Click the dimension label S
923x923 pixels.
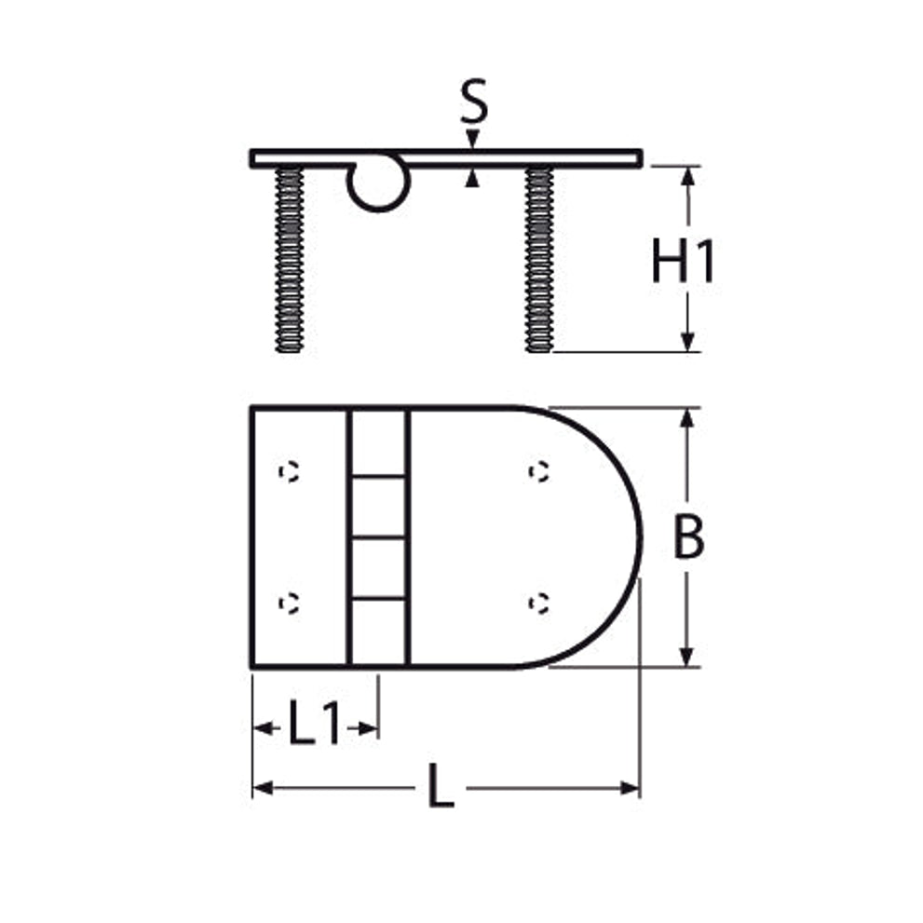tap(474, 101)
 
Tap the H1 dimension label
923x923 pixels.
tap(683, 260)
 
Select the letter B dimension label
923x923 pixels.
tap(688, 536)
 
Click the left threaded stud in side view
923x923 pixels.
tap(289, 260)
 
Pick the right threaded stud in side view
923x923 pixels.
tap(538, 260)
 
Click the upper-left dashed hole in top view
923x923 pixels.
tap(289, 472)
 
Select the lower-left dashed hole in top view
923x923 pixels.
tap(289, 604)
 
